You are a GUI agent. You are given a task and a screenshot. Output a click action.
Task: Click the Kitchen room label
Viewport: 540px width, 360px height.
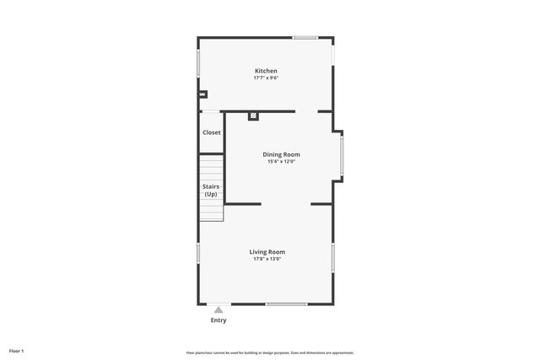[x=266, y=71]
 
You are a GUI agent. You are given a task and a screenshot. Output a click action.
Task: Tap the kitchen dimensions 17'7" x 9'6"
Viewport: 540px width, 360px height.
[x=266, y=78]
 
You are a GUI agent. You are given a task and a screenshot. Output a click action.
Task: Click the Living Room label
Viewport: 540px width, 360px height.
[x=267, y=251]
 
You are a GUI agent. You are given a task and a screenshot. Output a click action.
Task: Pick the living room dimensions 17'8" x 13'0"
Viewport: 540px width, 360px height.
[x=267, y=259]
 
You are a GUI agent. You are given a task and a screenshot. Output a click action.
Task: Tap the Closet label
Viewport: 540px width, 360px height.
[x=212, y=132]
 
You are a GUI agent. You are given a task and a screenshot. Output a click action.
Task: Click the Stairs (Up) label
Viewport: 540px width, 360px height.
[x=211, y=191]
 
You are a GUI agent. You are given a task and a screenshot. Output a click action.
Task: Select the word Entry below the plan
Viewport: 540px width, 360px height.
[x=219, y=320]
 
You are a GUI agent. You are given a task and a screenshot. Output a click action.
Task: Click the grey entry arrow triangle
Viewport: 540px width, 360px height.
[x=219, y=309]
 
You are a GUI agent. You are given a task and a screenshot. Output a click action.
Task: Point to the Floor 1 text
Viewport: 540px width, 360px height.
[x=17, y=350]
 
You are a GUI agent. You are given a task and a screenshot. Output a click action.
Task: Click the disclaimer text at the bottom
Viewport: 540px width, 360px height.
[x=269, y=352]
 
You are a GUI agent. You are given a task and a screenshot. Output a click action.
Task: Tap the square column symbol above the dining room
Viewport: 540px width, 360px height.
[x=252, y=116]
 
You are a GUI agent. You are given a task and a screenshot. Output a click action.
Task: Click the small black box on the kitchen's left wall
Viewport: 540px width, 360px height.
[x=202, y=94]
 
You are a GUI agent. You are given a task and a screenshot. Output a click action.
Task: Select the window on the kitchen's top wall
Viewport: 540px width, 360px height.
[x=305, y=38]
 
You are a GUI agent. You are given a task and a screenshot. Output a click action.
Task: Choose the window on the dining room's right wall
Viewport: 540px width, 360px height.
[x=341, y=157]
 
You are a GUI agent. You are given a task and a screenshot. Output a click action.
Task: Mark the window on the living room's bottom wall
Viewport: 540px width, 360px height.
[x=286, y=304]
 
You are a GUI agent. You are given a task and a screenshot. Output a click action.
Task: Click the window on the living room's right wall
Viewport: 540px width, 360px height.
[x=333, y=257]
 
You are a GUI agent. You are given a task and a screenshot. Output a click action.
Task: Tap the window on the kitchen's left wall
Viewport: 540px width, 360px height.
[x=198, y=64]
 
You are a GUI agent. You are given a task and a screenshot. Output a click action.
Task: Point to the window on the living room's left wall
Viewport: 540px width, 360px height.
[x=198, y=252]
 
